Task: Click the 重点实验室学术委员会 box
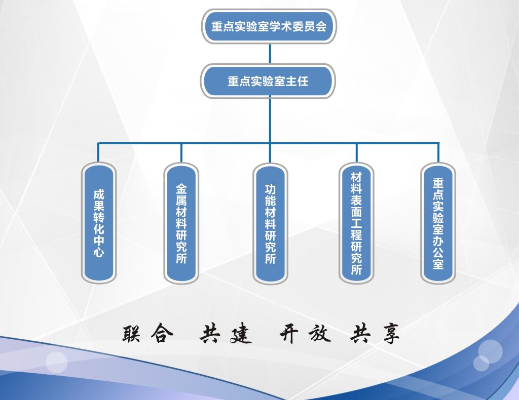tap(269, 26)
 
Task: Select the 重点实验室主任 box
tap(268, 81)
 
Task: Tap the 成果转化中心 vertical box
tap(99, 223)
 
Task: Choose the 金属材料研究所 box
tap(181, 223)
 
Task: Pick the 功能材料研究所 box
tap(270, 223)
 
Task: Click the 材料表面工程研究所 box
tap(356, 223)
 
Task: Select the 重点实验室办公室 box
tap(438, 223)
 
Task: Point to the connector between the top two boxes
tap(270, 54)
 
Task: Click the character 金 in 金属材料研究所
tap(181, 189)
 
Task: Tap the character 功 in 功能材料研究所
tap(270, 189)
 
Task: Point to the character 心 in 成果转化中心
tap(99, 251)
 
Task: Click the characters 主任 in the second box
tap(297, 81)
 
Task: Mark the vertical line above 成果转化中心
tap(98, 152)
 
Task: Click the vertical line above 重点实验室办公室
tap(438, 152)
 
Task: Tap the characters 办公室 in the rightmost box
tap(438, 252)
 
